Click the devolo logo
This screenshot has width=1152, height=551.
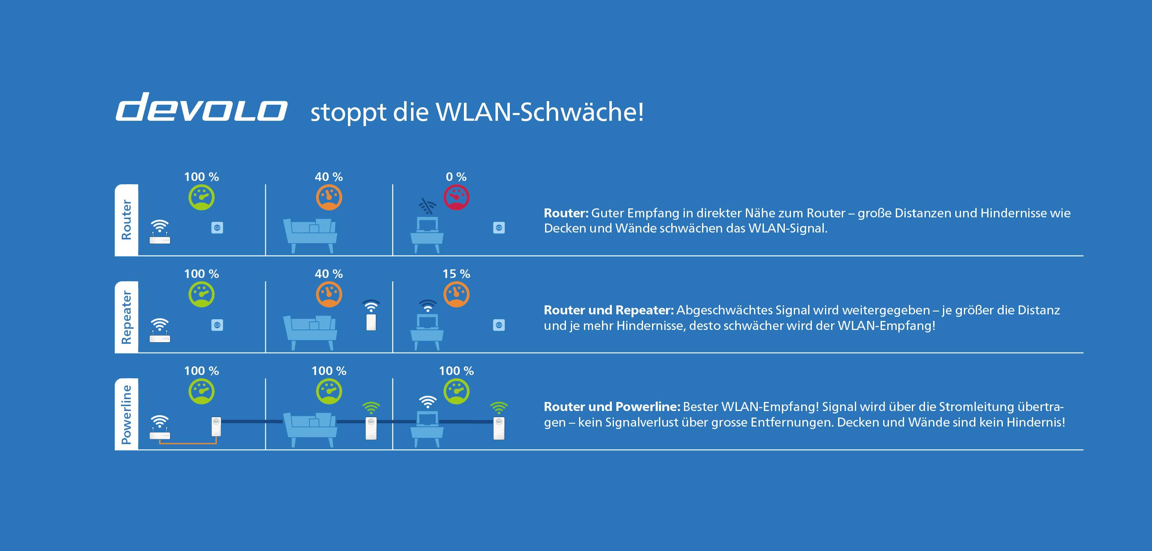tap(201, 107)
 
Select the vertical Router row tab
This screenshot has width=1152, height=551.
tap(127, 220)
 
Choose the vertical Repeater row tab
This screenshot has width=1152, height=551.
tap(127, 317)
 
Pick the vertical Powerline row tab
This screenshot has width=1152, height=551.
tap(127, 414)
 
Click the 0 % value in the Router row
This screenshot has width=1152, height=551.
tap(456, 177)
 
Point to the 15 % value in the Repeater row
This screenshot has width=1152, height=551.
tap(456, 274)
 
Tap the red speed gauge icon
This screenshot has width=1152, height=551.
tap(457, 198)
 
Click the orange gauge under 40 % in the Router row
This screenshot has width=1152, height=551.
tap(329, 198)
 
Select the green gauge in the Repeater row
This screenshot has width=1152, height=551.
tap(202, 294)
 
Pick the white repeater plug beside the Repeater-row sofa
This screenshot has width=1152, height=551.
tap(371, 322)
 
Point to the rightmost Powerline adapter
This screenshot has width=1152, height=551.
tap(499, 428)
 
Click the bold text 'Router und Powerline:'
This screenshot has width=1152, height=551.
tap(612, 407)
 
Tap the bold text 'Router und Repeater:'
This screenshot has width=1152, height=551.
tap(609, 310)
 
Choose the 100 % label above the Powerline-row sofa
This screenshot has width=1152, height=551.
tap(329, 371)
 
